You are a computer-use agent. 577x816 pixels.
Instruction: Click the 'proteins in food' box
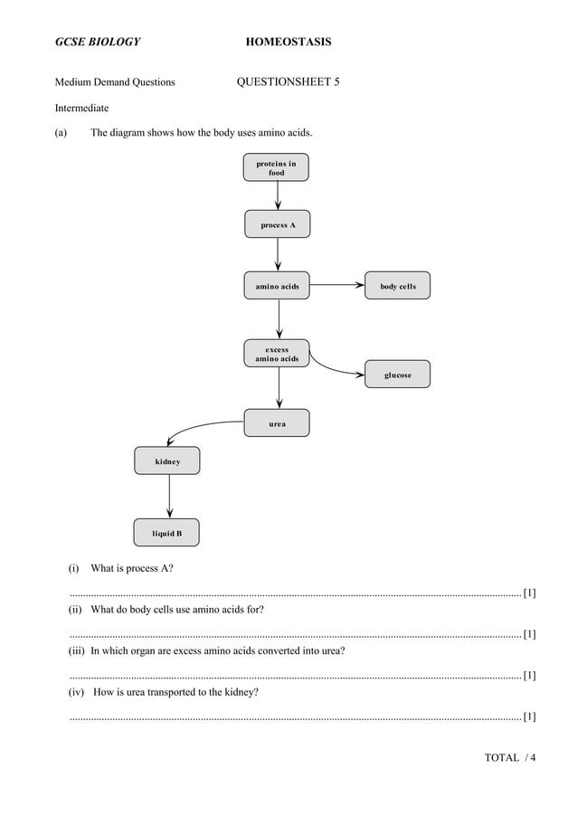click(x=276, y=167)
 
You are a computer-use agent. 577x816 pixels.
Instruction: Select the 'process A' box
click(x=277, y=224)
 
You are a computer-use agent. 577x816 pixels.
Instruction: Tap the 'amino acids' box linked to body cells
click(x=277, y=286)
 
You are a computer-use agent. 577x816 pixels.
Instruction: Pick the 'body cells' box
click(x=397, y=286)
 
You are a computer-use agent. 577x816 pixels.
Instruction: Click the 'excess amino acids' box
click(x=277, y=354)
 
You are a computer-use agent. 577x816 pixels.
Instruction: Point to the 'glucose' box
click(x=397, y=375)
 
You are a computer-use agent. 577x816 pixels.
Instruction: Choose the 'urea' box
click(x=277, y=422)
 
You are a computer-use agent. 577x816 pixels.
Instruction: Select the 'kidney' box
click(x=167, y=460)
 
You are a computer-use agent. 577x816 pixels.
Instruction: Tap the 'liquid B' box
click(x=166, y=533)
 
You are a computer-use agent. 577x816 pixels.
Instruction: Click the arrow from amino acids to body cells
click(x=336, y=285)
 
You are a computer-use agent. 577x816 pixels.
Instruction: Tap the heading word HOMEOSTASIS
click(x=288, y=43)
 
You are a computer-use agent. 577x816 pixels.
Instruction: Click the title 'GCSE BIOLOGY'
click(x=98, y=43)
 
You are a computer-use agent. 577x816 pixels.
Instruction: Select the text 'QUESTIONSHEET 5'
click(x=288, y=82)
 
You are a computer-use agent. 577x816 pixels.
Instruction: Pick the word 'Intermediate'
click(x=82, y=109)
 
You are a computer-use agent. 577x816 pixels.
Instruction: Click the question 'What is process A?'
click(x=132, y=568)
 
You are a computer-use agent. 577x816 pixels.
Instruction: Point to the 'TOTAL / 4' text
click(x=510, y=757)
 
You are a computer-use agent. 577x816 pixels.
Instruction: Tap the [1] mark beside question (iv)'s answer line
click(x=530, y=716)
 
